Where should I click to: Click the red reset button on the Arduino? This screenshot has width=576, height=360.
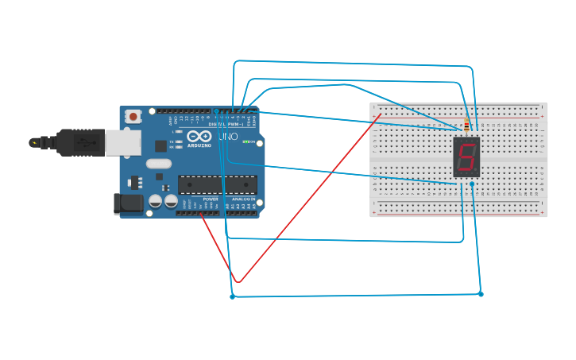pyautogui.click(x=133, y=117)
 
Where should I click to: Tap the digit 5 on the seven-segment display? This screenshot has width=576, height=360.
pyautogui.click(x=466, y=157)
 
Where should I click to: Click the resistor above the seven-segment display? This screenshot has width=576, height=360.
pyautogui.click(x=466, y=124)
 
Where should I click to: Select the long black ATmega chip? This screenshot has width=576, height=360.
pyautogui.click(x=217, y=185)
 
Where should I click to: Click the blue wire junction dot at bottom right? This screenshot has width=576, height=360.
pyautogui.click(x=481, y=294)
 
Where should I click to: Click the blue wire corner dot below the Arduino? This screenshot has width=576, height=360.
pyautogui.click(x=232, y=296)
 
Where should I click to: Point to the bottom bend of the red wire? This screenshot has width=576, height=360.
pyautogui.click(x=239, y=281)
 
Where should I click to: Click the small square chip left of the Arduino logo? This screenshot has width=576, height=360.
pyautogui.click(x=161, y=145)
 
